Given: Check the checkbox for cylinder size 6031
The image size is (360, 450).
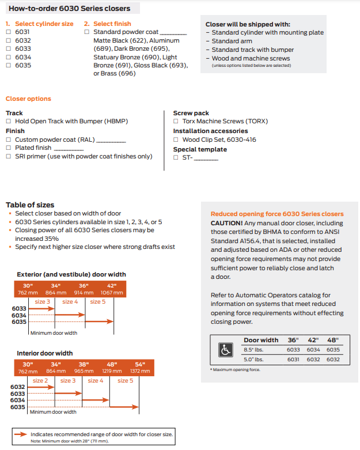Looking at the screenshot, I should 8,32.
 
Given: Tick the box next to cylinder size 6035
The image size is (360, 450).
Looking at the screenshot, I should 8,66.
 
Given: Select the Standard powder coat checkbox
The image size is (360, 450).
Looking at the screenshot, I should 87,32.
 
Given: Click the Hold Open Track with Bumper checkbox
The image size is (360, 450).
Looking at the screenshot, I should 8,122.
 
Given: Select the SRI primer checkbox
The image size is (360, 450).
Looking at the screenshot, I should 8,157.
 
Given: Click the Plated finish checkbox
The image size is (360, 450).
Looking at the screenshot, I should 8,148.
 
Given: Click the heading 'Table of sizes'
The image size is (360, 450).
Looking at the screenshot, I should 30,205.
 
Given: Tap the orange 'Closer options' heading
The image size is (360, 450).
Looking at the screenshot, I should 28,99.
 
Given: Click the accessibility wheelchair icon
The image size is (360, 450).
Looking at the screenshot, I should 226,350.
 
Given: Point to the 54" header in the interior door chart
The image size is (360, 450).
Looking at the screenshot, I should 140,364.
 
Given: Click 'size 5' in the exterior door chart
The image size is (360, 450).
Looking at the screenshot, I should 97,302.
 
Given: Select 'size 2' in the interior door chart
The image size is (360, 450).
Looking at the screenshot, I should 40,381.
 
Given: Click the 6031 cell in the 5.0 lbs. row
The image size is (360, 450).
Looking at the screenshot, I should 293,360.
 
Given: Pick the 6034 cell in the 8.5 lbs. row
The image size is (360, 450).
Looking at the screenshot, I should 313,350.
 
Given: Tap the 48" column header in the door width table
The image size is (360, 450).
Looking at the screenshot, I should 333,340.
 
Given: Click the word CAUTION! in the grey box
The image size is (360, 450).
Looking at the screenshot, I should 226,223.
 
